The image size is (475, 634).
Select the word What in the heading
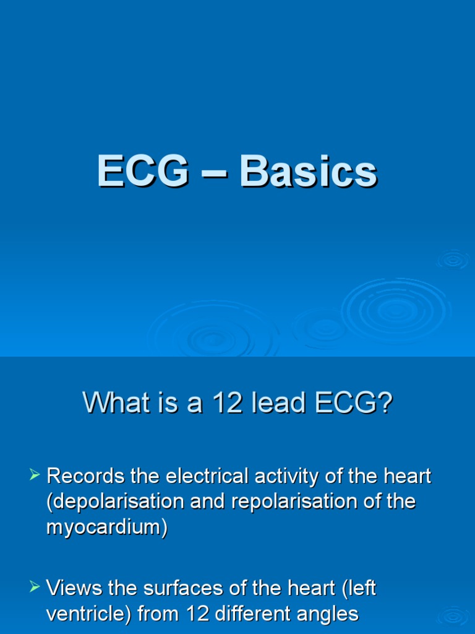(112, 404)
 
